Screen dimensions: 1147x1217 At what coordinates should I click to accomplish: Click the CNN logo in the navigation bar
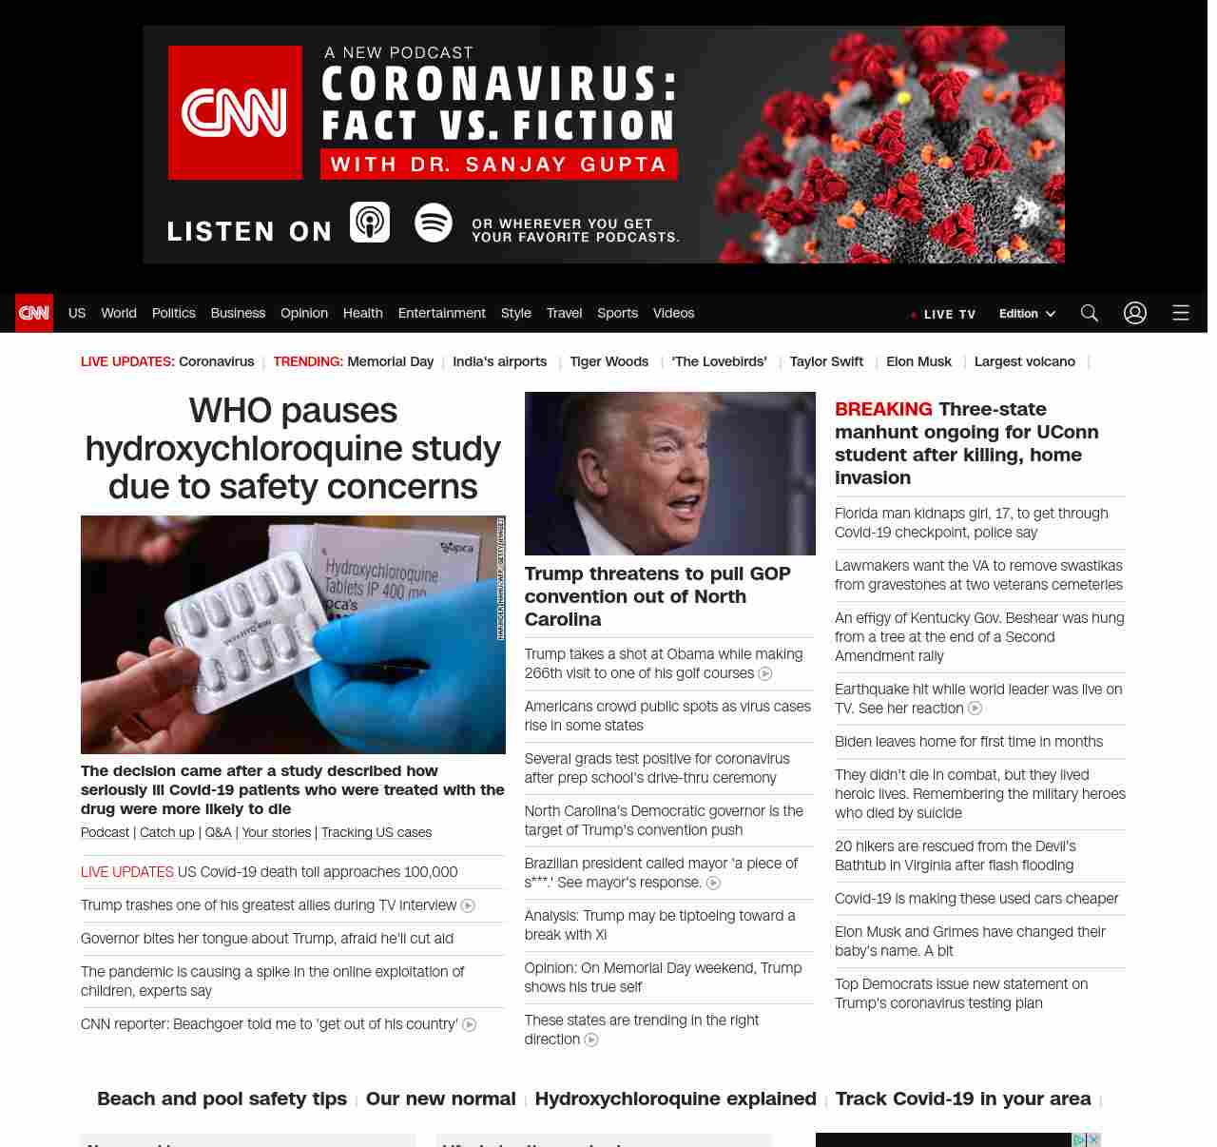click(34, 313)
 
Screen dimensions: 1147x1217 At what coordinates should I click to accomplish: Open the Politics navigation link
click(173, 313)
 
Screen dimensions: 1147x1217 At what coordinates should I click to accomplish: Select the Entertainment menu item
click(441, 313)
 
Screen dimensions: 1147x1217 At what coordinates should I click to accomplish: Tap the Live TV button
click(943, 314)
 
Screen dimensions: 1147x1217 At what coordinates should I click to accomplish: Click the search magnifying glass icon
click(1090, 313)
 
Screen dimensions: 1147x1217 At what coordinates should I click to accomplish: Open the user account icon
click(1135, 313)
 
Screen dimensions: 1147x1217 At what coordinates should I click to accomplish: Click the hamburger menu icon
click(1181, 313)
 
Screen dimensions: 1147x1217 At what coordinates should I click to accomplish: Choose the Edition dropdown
click(1027, 314)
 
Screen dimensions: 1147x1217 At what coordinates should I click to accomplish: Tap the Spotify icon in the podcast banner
click(434, 223)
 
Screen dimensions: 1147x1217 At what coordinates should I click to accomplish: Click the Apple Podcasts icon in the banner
click(370, 223)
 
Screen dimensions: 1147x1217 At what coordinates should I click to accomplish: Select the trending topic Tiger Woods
click(608, 361)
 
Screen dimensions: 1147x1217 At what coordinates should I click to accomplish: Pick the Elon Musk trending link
click(918, 361)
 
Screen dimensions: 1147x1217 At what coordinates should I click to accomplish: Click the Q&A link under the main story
click(218, 832)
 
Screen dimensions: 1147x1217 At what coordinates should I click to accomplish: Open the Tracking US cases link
click(377, 832)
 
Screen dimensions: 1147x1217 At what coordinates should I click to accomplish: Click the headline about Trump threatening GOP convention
click(657, 596)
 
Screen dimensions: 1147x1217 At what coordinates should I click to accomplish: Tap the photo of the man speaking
click(669, 474)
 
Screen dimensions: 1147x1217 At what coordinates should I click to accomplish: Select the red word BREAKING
click(883, 409)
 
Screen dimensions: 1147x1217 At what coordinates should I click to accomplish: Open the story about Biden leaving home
click(969, 742)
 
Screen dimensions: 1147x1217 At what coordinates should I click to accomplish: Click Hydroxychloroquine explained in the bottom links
click(675, 1098)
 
